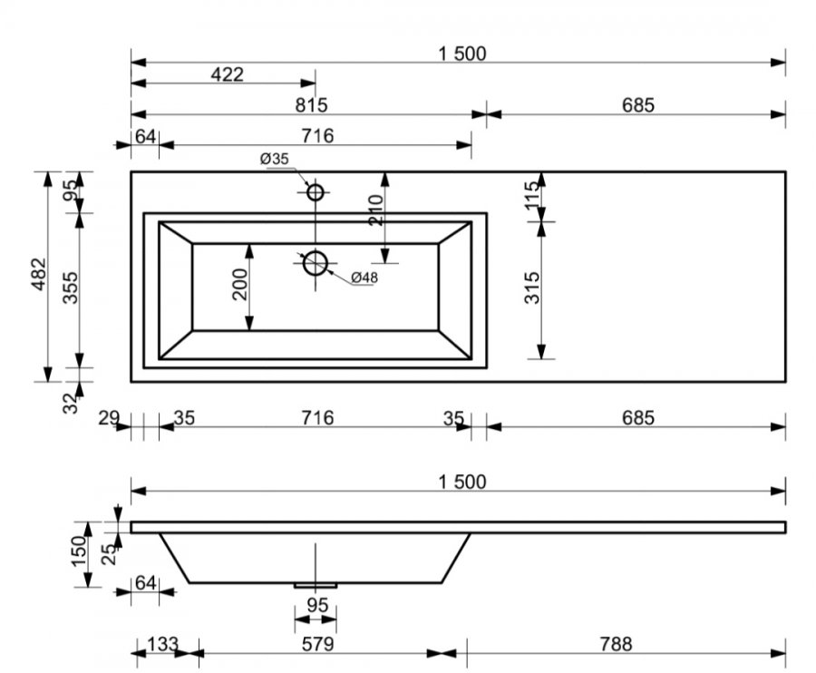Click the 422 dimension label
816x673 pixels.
pyautogui.click(x=227, y=75)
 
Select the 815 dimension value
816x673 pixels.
pyautogui.click(x=311, y=105)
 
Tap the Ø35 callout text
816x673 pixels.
pyautogui.click(x=274, y=159)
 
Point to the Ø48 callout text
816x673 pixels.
pyautogui.click(x=364, y=278)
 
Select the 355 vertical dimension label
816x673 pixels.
pyautogui.click(x=70, y=288)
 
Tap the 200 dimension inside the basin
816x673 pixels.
pyautogui.click(x=240, y=284)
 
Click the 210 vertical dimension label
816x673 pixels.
pyautogui.click(x=375, y=210)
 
